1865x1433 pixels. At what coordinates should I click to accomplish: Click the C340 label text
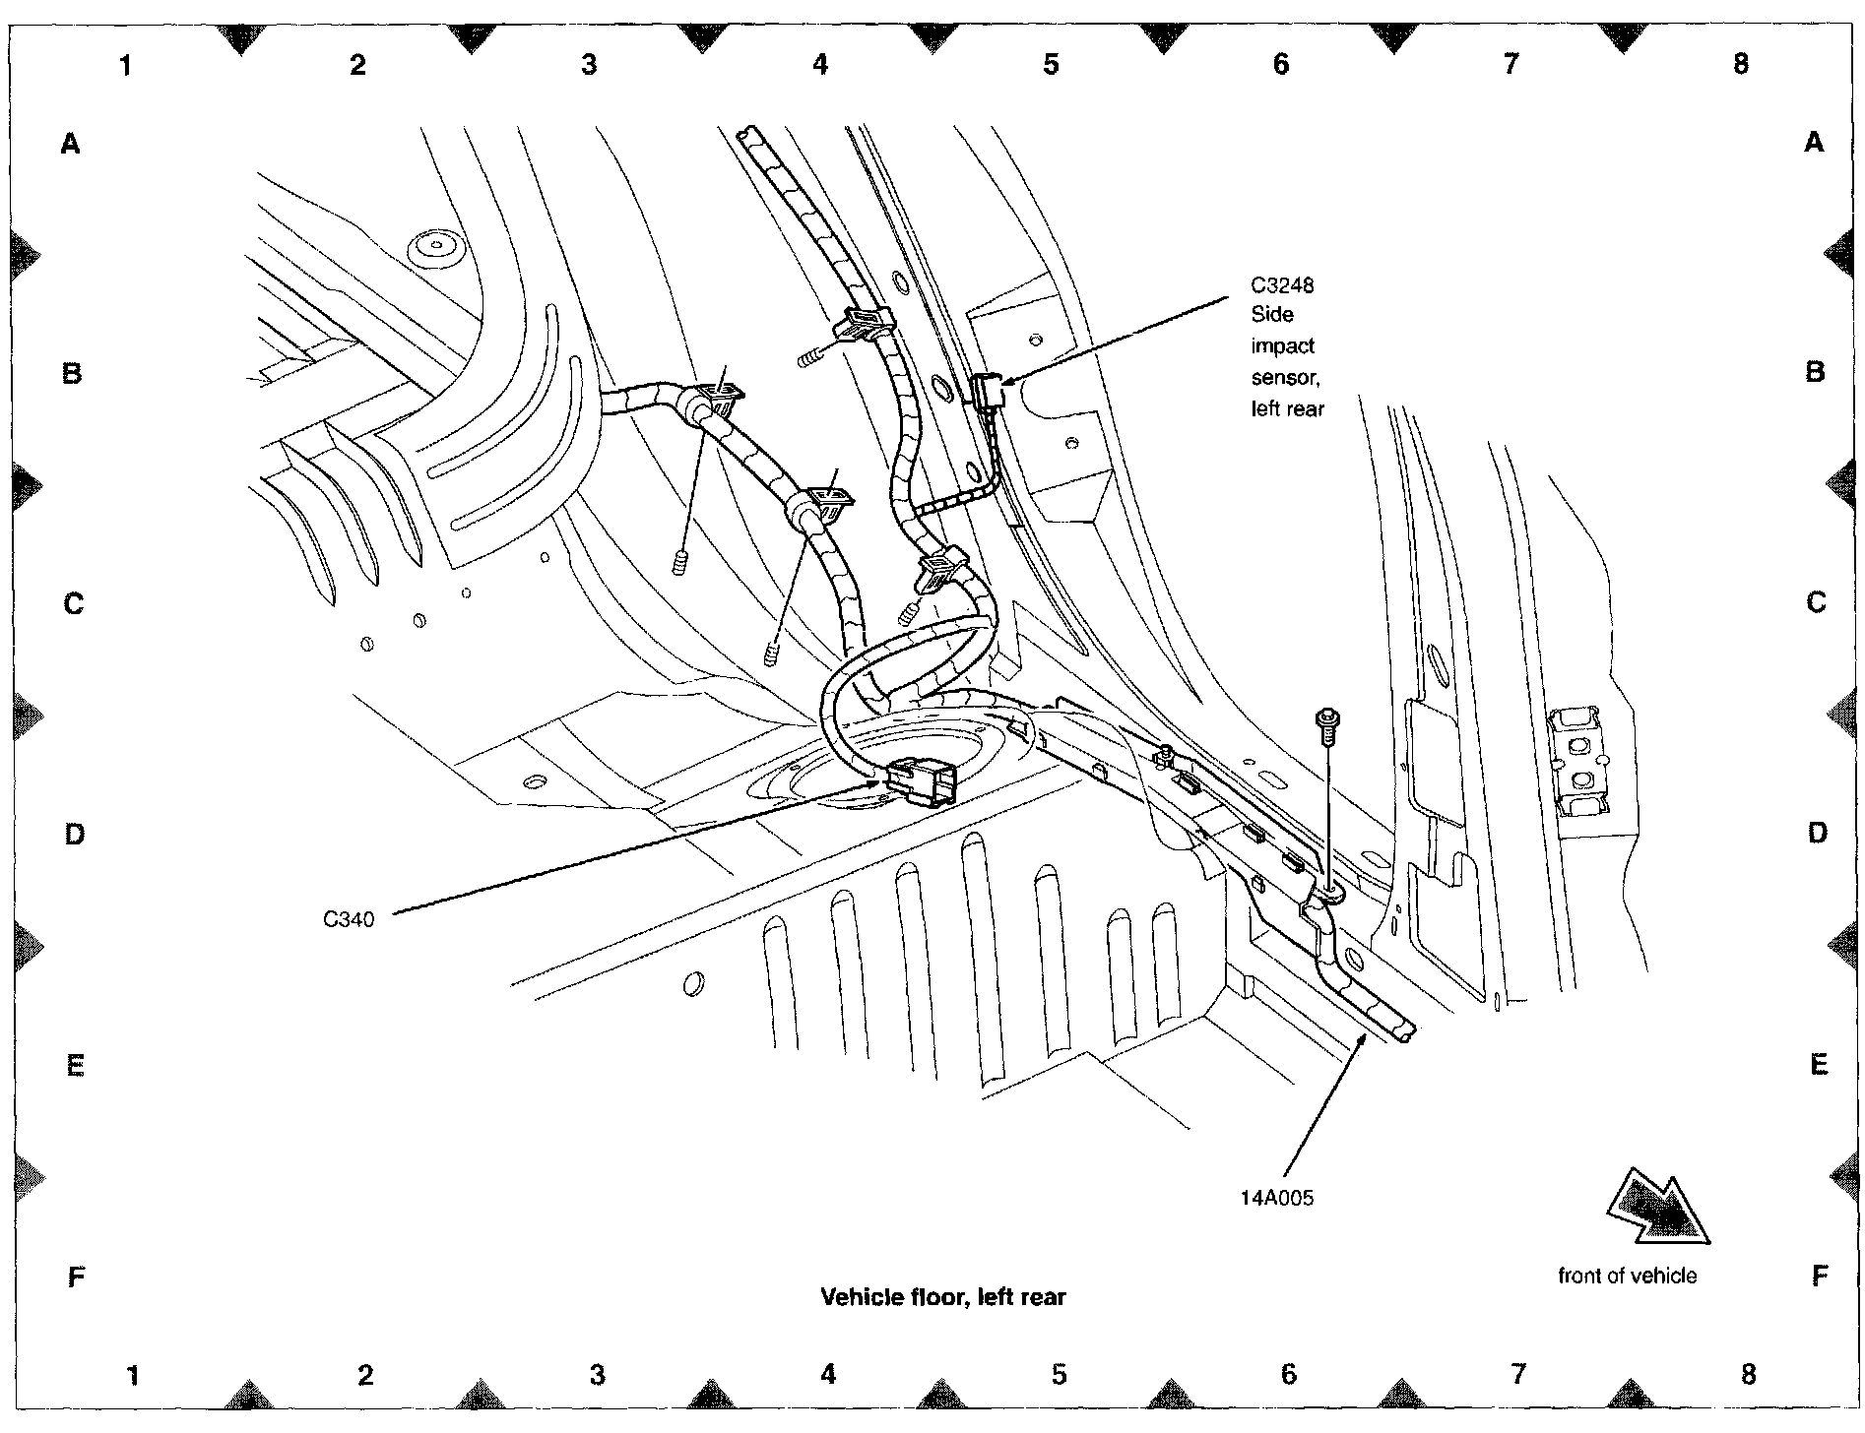point(349,920)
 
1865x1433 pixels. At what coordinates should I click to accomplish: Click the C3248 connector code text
point(1282,285)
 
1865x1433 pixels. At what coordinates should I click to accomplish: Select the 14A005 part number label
point(1276,1199)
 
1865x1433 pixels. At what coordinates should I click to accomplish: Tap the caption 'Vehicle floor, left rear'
point(942,1297)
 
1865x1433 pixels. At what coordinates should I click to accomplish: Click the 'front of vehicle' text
point(1627,1276)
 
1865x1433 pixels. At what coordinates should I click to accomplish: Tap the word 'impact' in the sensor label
point(1282,346)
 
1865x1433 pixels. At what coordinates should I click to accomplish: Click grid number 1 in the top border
point(125,65)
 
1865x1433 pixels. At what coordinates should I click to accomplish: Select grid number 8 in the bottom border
point(1748,1374)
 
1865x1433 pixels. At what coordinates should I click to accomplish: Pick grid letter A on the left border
point(70,145)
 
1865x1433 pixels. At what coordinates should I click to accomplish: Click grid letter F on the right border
point(1819,1277)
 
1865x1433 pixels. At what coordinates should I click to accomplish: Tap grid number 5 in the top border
point(1051,65)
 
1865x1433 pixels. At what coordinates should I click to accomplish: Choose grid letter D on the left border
point(74,835)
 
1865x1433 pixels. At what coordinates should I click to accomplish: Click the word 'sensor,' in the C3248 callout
point(1284,377)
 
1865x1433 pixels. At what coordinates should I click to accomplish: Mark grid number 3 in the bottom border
point(597,1375)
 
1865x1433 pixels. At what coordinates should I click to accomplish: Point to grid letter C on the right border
point(1817,602)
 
